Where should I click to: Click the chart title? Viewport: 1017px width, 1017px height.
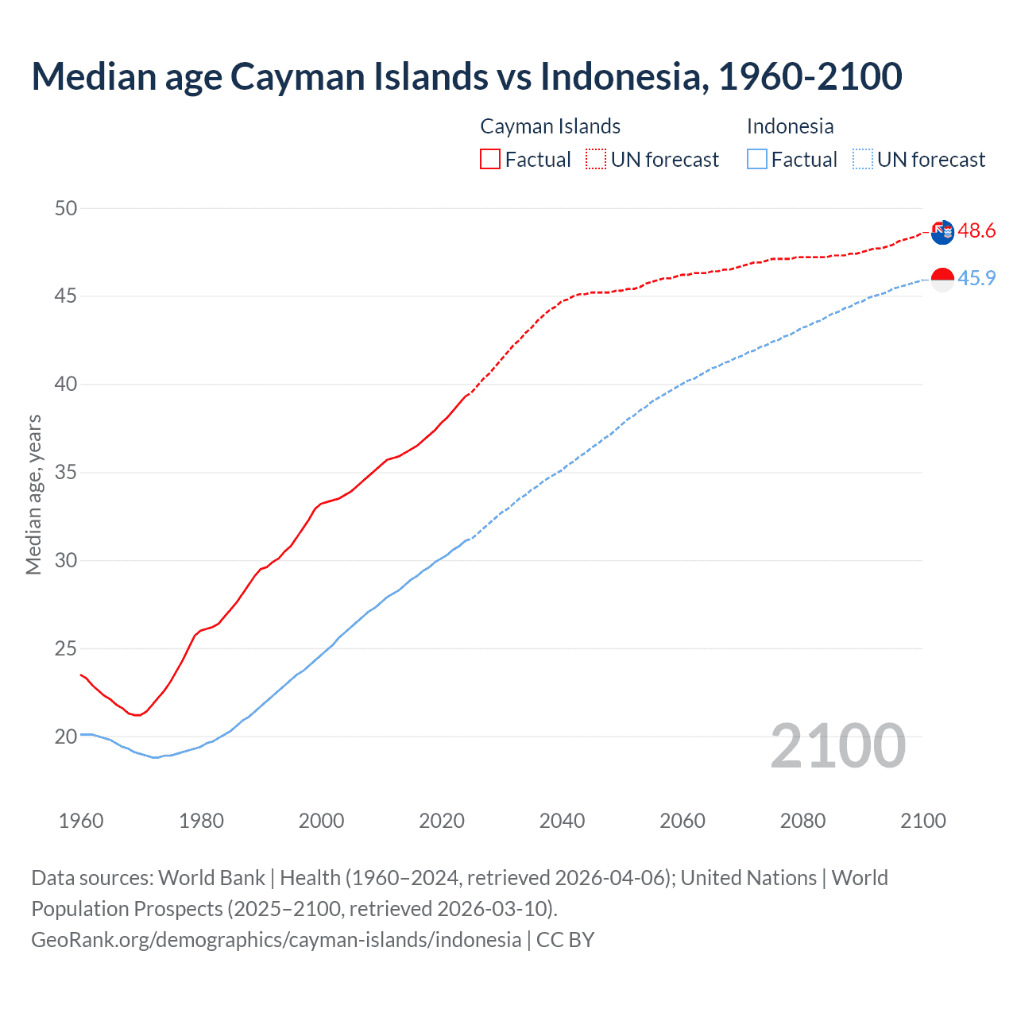coord(466,76)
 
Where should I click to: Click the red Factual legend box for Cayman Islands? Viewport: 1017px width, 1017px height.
coord(490,160)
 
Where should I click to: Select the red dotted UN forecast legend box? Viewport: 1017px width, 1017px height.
coord(596,160)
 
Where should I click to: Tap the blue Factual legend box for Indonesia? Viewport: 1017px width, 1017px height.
coord(757,160)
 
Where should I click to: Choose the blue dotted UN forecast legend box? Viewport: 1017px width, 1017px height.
coord(862,160)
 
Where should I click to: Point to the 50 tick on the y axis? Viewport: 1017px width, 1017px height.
coord(66,208)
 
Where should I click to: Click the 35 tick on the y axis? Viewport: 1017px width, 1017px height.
coord(66,473)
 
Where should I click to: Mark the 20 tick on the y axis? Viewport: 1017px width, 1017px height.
coord(66,737)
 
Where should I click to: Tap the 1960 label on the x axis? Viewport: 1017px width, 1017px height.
coord(81,821)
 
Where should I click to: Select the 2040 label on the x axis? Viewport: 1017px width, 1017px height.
coord(562,821)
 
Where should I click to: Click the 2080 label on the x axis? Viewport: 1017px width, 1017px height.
coord(802,821)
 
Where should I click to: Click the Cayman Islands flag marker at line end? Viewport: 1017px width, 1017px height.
coord(942,232)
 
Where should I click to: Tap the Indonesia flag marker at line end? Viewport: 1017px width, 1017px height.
coord(942,280)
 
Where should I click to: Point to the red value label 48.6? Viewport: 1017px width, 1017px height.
coord(976,231)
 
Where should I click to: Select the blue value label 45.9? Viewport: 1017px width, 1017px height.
coord(976,279)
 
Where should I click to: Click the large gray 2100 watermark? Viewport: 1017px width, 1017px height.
coord(837,745)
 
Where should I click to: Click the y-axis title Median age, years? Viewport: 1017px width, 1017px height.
coord(33,494)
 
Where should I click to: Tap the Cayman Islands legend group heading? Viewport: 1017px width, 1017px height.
coord(550,126)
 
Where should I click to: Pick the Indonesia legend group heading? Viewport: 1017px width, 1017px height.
coord(790,126)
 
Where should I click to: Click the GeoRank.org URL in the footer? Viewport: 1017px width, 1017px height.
coord(276,940)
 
